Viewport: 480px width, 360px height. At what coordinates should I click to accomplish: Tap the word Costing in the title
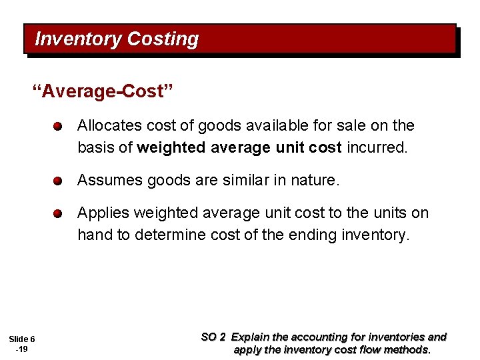click(163, 39)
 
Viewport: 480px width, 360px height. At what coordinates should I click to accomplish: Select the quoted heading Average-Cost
click(103, 91)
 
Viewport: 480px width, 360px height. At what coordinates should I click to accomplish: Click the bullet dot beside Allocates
click(59, 127)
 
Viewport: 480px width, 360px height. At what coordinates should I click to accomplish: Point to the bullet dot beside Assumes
click(59, 181)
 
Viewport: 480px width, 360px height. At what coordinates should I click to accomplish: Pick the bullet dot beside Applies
click(59, 214)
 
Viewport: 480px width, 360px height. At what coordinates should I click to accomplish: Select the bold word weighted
click(171, 147)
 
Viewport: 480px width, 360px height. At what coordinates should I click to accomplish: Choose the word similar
click(239, 180)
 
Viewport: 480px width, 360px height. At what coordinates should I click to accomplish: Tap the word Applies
click(103, 213)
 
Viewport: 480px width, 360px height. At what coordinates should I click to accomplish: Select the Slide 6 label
click(22, 339)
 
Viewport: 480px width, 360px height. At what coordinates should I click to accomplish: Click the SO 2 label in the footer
click(213, 337)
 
